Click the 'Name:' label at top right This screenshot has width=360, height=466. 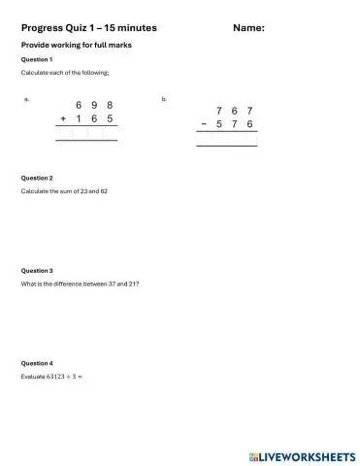(249, 28)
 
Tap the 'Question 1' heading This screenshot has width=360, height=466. (37, 59)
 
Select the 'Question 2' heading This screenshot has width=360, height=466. (37, 179)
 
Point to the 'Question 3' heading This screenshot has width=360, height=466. (37, 271)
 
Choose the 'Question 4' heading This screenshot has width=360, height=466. (37, 363)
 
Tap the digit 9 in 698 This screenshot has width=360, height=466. (93, 104)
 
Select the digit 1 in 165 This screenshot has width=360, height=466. (79, 118)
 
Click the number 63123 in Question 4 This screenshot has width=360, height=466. (50, 376)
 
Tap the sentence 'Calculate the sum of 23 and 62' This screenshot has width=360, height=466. (64, 191)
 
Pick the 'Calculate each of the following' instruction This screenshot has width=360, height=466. (65, 73)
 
